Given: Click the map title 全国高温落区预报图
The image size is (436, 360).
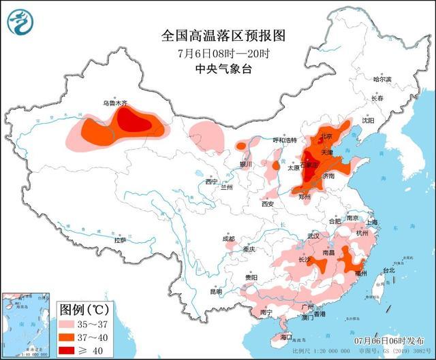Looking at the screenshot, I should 213,35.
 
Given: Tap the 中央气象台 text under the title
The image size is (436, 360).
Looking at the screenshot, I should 213,68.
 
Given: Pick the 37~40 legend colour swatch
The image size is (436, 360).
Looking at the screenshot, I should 67,337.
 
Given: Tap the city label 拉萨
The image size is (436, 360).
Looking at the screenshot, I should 120,240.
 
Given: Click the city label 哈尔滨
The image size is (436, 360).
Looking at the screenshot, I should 383,80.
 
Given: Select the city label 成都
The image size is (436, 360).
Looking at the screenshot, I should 228,239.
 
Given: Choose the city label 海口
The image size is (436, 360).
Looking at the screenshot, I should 285,338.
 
